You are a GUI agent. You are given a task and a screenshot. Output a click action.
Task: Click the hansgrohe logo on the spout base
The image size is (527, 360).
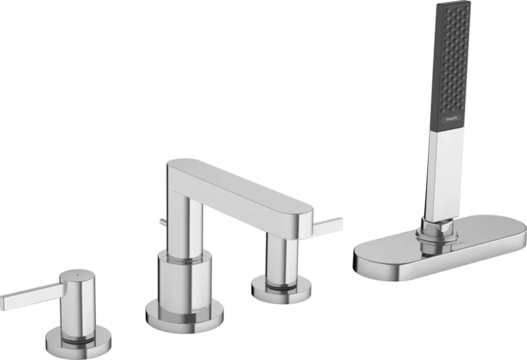(x=199, y=308)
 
